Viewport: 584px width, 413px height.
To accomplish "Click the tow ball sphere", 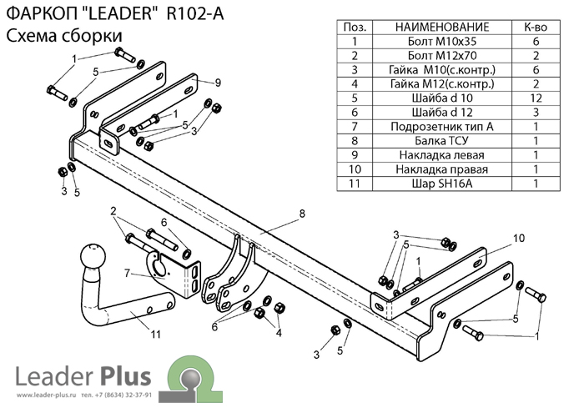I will tap(91, 259).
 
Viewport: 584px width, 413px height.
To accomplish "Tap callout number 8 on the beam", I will tap(302, 214).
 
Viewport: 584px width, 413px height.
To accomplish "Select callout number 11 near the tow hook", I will tap(154, 335).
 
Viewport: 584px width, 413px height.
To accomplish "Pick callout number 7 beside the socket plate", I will tap(126, 272).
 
